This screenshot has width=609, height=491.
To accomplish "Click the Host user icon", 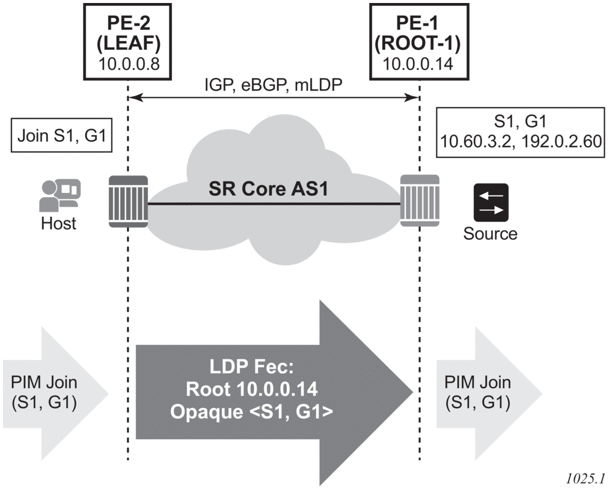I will [58, 194].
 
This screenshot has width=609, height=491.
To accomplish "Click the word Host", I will [58, 224].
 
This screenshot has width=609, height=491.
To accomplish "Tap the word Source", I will [490, 233].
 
